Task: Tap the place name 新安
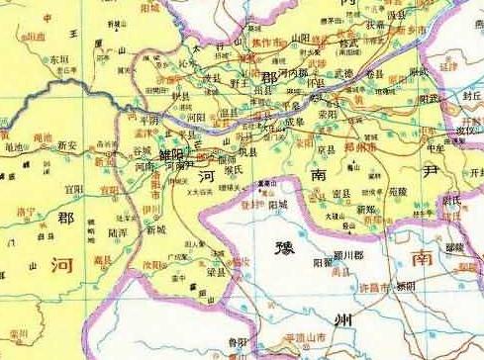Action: tap(66, 145)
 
